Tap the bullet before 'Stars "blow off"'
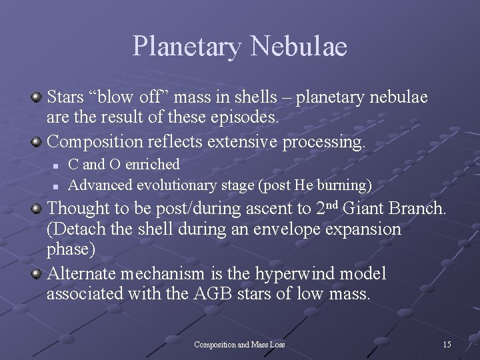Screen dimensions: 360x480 pos(37,98)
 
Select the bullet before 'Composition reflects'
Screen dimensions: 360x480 pos(37,141)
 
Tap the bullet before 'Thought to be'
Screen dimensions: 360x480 pos(37,209)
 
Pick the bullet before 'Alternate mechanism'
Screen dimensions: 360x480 pos(37,273)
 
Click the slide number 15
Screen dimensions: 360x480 pos(447,345)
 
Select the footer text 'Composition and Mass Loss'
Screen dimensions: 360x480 pos(239,345)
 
